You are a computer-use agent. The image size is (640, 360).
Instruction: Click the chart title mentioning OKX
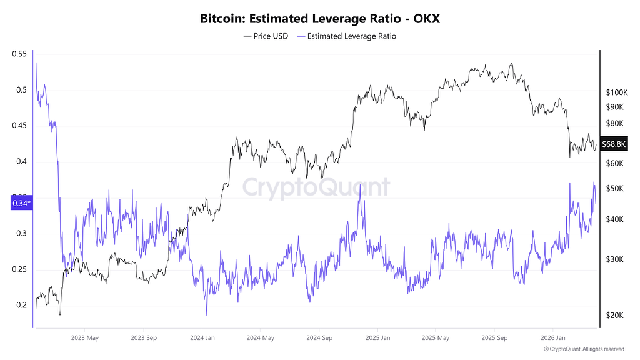click(320, 19)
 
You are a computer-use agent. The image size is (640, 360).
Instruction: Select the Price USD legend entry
click(266, 36)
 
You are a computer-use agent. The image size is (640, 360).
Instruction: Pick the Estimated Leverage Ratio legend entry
click(346, 36)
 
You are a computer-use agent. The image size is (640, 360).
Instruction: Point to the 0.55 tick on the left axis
click(19, 54)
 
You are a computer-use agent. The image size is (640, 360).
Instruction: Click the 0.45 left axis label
click(19, 125)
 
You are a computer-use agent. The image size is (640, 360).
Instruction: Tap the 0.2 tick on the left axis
click(21, 305)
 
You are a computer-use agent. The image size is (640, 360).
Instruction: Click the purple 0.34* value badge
click(22, 203)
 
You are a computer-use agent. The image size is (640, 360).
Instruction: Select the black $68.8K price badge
click(614, 144)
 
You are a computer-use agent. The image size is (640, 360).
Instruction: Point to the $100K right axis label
click(617, 92)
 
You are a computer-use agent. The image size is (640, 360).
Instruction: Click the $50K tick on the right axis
click(615, 189)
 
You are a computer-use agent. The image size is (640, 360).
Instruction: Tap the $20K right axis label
click(615, 315)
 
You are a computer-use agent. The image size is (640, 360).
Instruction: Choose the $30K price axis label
click(615, 259)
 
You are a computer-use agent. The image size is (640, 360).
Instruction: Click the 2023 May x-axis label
click(85, 338)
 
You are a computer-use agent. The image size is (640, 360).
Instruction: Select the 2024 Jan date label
click(202, 338)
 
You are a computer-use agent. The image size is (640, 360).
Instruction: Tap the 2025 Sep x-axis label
click(494, 338)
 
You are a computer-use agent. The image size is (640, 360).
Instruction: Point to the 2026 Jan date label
click(553, 338)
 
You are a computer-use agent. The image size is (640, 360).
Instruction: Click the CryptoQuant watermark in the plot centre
click(316, 187)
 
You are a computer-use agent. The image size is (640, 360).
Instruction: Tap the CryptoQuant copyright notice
click(584, 349)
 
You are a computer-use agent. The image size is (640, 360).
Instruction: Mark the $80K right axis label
click(615, 123)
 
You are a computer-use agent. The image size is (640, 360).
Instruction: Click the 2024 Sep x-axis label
click(319, 338)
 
